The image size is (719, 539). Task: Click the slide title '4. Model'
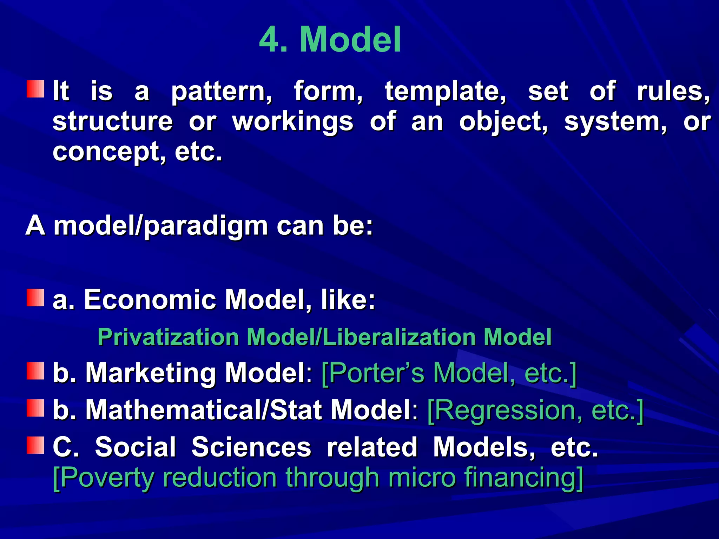[x=330, y=39]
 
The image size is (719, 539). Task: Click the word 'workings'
[x=293, y=122]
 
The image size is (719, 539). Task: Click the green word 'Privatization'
[x=168, y=337]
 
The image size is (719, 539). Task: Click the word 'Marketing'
[x=150, y=373]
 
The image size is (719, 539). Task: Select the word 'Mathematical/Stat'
[x=204, y=410]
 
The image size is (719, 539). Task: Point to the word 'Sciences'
[x=251, y=447]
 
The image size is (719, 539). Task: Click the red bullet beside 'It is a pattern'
[x=36, y=89]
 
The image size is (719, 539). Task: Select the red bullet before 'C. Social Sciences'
[x=36, y=445]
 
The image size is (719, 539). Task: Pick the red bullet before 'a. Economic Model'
[x=36, y=298]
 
